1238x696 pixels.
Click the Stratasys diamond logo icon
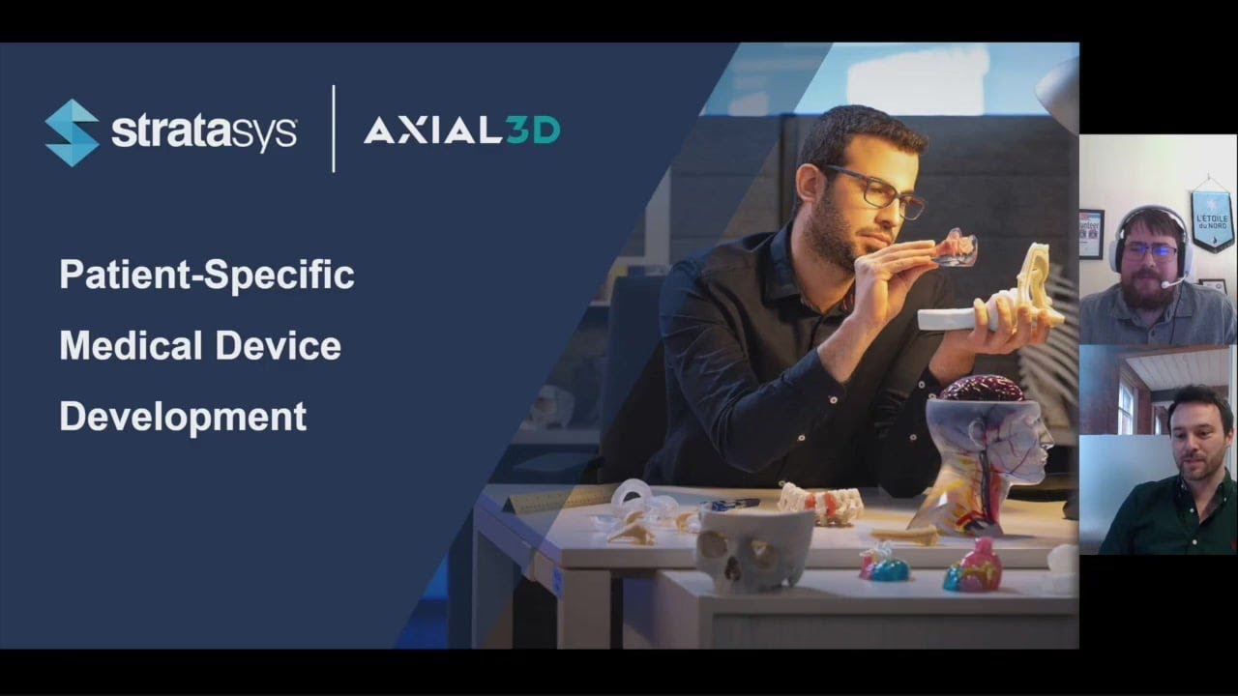point(72,132)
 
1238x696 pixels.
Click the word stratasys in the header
point(203,132)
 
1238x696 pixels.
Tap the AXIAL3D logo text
point(461,130)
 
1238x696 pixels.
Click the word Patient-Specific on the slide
point(207,275)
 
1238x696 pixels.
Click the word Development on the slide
point(183,417)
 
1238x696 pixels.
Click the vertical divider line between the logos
point(334,129)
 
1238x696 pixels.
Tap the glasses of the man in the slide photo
point(875,188)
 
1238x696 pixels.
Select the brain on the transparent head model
point(983,388)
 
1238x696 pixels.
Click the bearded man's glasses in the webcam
point(1150,249)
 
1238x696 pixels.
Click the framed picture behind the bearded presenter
point(1091,233)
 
